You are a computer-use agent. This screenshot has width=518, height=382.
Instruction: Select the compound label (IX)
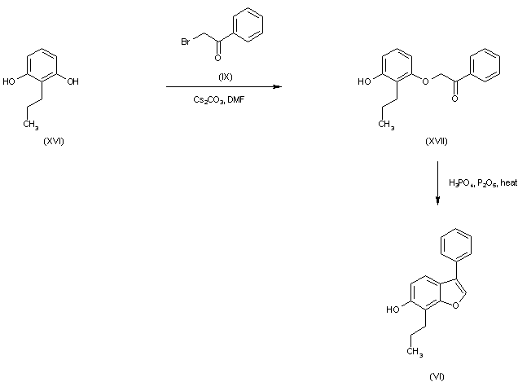coord(226,77)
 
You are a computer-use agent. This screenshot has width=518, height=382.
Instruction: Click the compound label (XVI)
coord(54,141)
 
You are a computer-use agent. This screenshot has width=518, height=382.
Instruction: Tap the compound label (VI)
coord(437,376)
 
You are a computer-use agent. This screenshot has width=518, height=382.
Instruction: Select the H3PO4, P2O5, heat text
coord(483,182)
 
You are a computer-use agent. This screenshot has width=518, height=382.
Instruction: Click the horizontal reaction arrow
coord(220,87)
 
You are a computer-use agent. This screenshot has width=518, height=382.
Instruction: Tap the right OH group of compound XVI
coord(73,81)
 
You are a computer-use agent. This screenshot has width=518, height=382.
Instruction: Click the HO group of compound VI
coord(392,310)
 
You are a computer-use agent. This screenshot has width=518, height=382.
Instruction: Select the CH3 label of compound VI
coord(415,352)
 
